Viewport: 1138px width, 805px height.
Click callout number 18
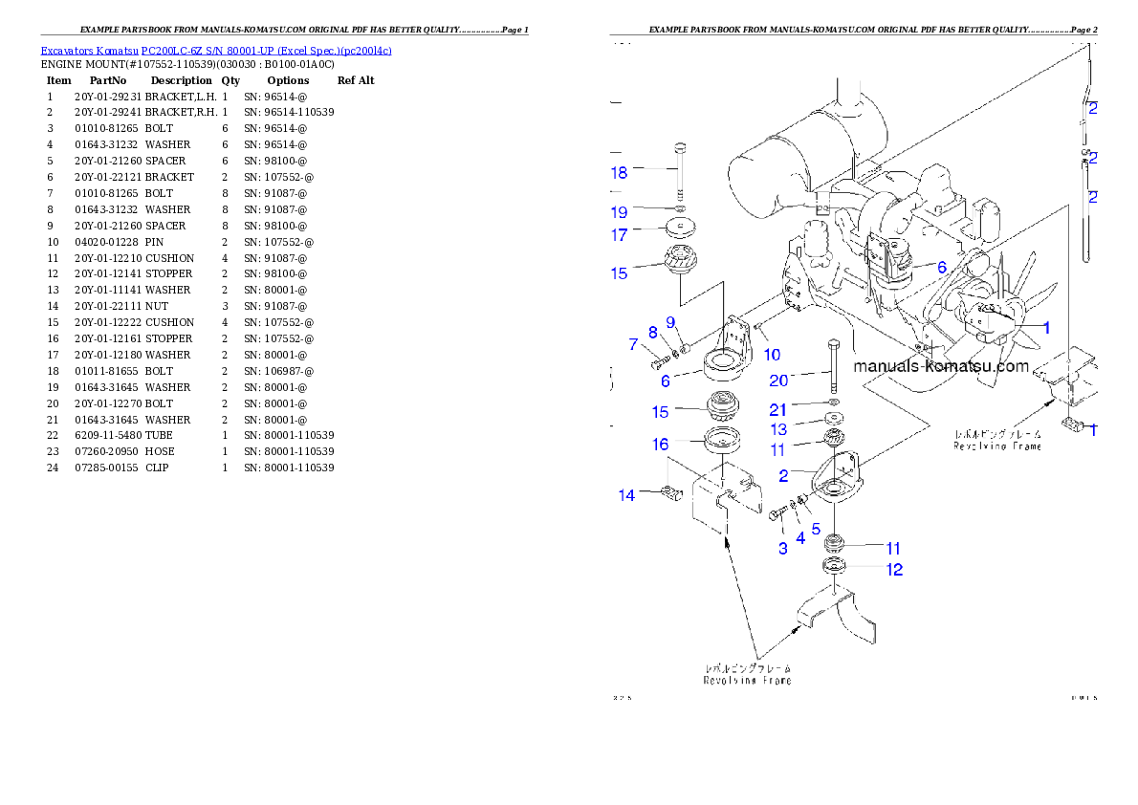click(x=620, y=173)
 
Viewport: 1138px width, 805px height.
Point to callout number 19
click(x=620, y=212)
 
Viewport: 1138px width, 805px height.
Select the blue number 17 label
click(x=620, y=235)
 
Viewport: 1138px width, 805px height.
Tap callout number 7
click(x=633, y=344)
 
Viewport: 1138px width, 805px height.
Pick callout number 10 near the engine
click(x=772, y=355)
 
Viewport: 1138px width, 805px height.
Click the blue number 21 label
click(x=779, y=410)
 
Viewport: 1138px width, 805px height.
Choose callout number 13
click(x=779, y=430)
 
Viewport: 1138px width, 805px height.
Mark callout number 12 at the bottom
click(x=894, y=570)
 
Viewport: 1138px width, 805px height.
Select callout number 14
click(x=626, y=495)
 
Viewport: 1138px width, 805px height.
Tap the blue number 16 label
click(x=661, y=445)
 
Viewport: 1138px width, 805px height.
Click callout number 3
click(x=783, y=549)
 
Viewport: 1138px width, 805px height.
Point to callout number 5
click(x=816, y=528)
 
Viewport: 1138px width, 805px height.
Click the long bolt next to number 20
click(x=836, y=367)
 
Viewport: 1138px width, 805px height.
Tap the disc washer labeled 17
click(x=679, y=229)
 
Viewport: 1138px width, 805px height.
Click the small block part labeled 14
click(x=669, y=494)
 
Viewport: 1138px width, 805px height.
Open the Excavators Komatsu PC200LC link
click(x=216, y=51)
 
